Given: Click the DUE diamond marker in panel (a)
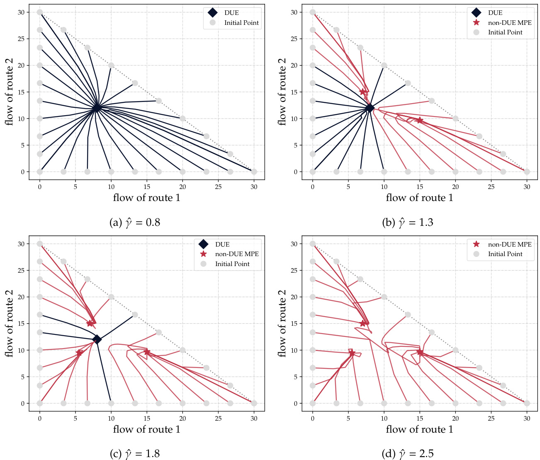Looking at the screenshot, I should point(97,108).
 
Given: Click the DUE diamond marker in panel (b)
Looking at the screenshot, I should point(370,108).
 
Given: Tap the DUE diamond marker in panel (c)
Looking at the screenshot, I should point(97,339).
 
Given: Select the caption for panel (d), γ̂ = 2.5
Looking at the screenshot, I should point(408,454).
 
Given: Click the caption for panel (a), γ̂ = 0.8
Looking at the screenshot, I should point(135,223).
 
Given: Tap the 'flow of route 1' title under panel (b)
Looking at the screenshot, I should point(419,198).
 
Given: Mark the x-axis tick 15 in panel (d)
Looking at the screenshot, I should point(420,419).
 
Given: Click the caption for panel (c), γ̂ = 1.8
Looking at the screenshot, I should point(135,454).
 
